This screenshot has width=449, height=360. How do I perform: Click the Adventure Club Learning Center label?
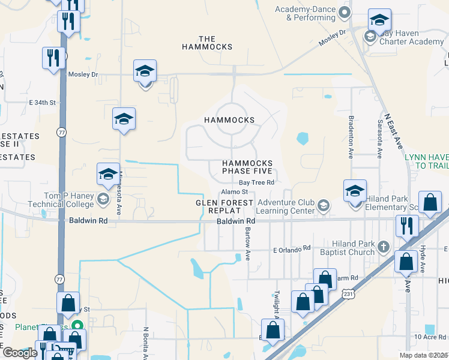[286, 206]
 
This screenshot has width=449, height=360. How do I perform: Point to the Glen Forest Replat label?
[225, 207]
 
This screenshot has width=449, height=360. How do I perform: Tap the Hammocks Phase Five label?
[247, 167]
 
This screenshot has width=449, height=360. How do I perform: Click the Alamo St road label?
[235, 192]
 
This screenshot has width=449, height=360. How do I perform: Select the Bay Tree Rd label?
[256, 182]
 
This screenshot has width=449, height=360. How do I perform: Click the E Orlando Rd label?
[292, 248]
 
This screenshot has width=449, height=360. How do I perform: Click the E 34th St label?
[42, 103]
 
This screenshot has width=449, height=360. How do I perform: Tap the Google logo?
[20, 353]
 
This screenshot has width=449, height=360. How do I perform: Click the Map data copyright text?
[424, 355]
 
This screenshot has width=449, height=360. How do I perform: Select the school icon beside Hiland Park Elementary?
[355, 191]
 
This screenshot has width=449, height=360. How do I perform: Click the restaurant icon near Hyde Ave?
[407, 227]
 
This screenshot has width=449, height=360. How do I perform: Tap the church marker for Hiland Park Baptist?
[383, 246]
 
